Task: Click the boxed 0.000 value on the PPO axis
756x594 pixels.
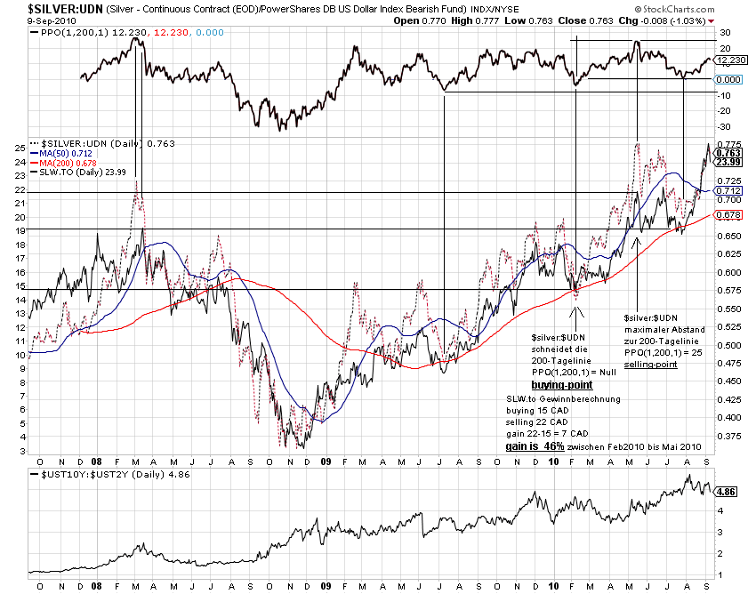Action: click(728, 80)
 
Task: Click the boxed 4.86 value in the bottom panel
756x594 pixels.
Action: click(725, 490)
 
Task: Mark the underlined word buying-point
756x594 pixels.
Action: click(562, 386)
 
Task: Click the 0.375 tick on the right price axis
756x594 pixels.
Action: click(728, 436)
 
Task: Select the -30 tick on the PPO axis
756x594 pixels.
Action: click(725, 125)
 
